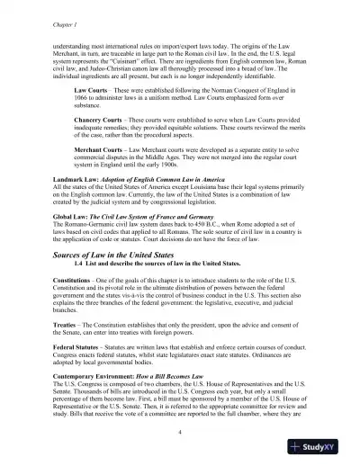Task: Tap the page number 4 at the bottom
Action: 180,433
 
